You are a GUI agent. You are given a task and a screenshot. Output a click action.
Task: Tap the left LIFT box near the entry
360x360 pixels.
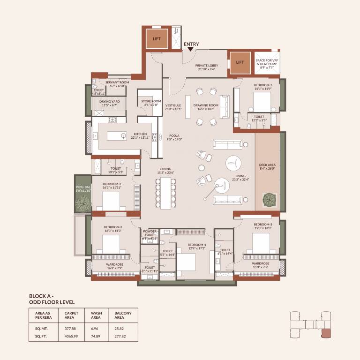157,39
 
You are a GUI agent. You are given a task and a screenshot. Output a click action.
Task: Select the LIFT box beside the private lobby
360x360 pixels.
240,62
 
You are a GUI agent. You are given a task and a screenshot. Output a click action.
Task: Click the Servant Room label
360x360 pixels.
117,84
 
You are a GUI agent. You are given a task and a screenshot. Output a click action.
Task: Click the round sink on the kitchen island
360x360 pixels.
123,136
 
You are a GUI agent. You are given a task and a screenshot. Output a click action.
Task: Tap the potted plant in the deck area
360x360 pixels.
269,199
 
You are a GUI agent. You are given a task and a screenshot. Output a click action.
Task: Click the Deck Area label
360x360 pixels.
268,167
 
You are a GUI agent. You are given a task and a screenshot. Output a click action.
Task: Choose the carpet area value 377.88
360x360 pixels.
70,329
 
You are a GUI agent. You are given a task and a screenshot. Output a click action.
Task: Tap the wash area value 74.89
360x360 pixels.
96,337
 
